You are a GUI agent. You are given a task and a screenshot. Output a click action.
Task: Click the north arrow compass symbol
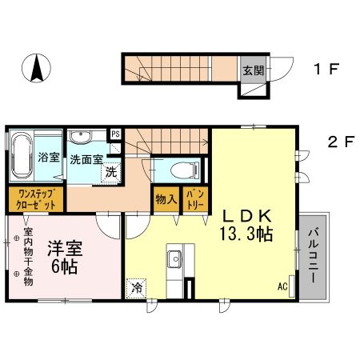pyautogui.click(x=36, y=67)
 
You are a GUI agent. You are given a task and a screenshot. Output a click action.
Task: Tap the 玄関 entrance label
pyautogui.click(x=251, y=70)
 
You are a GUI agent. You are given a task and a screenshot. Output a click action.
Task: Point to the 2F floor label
pyautogui.click(x=340, y=144)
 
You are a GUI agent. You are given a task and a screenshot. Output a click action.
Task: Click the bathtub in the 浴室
pyautogui.click(x=21, y=156)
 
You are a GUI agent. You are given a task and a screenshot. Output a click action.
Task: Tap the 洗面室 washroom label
pyautogui.click(x=85, y=158)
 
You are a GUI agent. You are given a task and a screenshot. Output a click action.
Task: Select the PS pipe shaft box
pyautogui.click(x=116, y=134)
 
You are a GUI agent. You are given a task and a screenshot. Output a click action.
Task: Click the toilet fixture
pyautogui.click(x=180, y=169)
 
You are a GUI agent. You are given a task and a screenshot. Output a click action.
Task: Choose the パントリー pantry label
pyautogui.click(x=194, y=198)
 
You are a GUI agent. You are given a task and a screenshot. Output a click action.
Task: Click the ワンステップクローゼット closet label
pyautogui.click(x=36, y=198)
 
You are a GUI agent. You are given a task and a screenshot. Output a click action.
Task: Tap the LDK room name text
pyautogui.click(x=248, y=215)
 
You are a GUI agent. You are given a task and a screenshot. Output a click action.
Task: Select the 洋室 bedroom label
pyautogui.click(x=61, y=248)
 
